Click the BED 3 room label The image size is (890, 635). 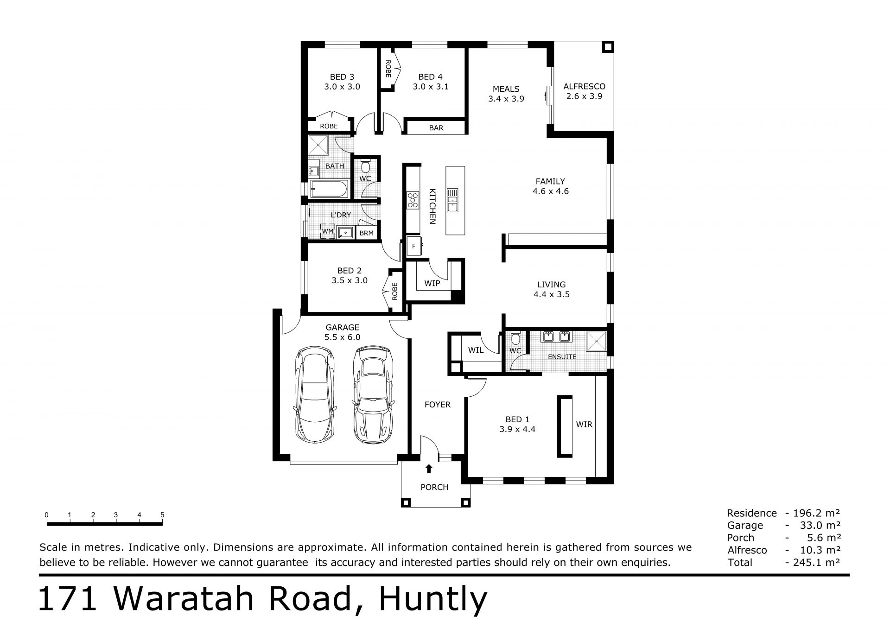pos(342,77)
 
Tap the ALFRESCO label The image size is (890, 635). pos(584,86)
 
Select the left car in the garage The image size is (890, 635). pos(314,394)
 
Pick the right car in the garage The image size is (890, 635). pos(373,394)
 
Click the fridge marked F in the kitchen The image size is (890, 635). pos(414,246)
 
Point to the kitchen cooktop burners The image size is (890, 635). pos(413,200)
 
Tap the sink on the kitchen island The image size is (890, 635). pos(452,200)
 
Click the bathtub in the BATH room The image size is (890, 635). pos(328,190)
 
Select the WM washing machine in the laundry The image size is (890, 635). pos(328,231)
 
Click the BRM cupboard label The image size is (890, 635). pos(366,233)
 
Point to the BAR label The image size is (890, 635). pos(436,128)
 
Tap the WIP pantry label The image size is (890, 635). pos(432,283)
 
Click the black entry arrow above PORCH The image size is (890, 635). pos(429,469)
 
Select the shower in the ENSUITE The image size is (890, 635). pos(596,342)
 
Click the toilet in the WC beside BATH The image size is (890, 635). pos(366,165)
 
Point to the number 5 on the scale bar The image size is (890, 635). pos(162,515)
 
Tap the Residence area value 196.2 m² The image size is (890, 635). pos(817,513)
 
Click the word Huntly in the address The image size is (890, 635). pos(433,600)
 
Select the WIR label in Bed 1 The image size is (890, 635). pos(584,424)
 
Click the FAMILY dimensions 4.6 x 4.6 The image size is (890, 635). pos(551,191)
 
